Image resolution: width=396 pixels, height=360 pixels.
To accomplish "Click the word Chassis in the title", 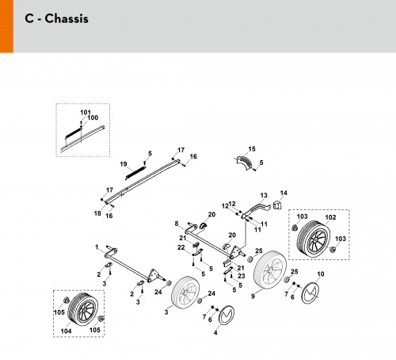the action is click(x=67, y=18).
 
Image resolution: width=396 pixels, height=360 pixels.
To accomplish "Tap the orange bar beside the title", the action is click(x=6, y=26).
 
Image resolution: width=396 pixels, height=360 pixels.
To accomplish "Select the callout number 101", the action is click(x=86, y=113).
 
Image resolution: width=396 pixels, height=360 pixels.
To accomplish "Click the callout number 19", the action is click(x=124, y=164).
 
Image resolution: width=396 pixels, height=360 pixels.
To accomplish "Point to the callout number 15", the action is click(x=252, y=149).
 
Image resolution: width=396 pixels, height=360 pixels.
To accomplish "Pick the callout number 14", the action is click(x=284, y=193).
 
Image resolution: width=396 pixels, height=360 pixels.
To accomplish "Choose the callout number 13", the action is click(x=264, y=195).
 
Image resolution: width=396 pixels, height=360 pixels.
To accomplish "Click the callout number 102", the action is click(x=330, y=217).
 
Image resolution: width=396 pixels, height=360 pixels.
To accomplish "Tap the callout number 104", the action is click(x=66, y=331).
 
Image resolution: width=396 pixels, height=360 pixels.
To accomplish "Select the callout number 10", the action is click(x=321, y=274).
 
